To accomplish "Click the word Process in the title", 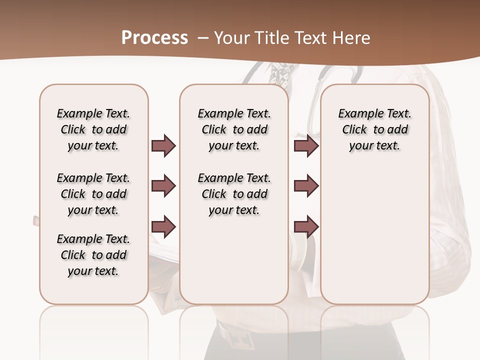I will coord(154,38).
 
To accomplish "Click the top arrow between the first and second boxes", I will coord(163,145).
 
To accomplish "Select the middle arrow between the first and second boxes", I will coord(163,186).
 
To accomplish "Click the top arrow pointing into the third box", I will coord(306,145).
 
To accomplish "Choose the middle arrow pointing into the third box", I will coord(306,186).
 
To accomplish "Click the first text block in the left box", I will coord(93,129).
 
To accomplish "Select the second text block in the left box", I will coord(93,194).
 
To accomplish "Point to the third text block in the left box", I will coord(93,255).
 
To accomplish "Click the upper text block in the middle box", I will coord(234,129).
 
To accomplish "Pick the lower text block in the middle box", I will coord(234,194).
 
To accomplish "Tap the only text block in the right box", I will coord(374,129).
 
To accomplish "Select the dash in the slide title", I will coord(203,38).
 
